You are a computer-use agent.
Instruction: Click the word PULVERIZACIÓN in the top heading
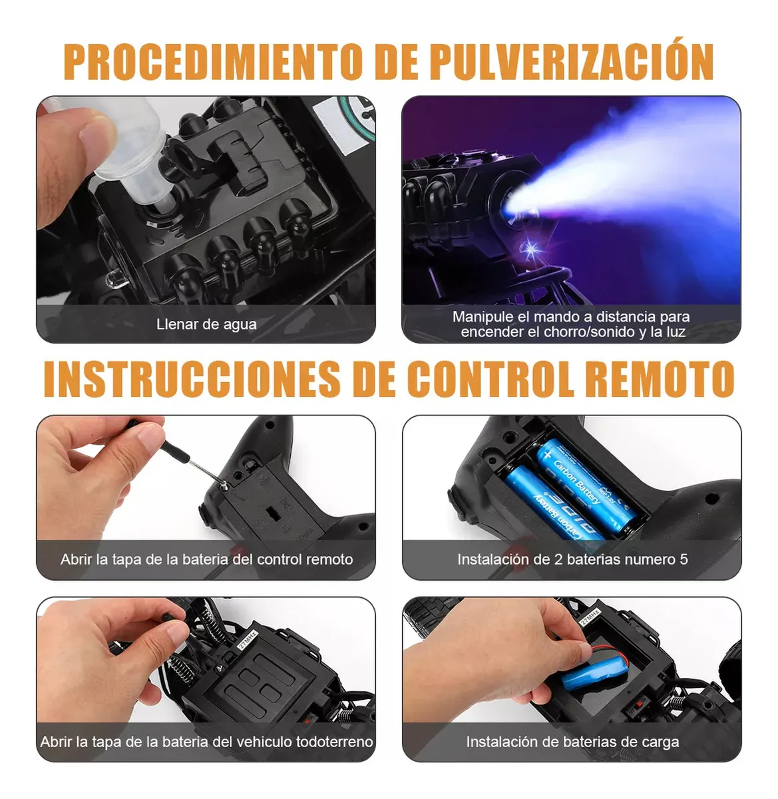click(572, 61)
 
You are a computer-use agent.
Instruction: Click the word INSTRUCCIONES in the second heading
click(192, 379)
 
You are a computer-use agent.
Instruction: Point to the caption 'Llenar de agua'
click(206, 324)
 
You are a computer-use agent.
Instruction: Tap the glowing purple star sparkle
click(532, 248)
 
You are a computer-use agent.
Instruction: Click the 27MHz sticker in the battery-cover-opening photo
click(248, 639)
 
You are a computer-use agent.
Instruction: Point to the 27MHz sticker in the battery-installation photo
click(590, 617)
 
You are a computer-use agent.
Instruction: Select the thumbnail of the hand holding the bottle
click(206, 219)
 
